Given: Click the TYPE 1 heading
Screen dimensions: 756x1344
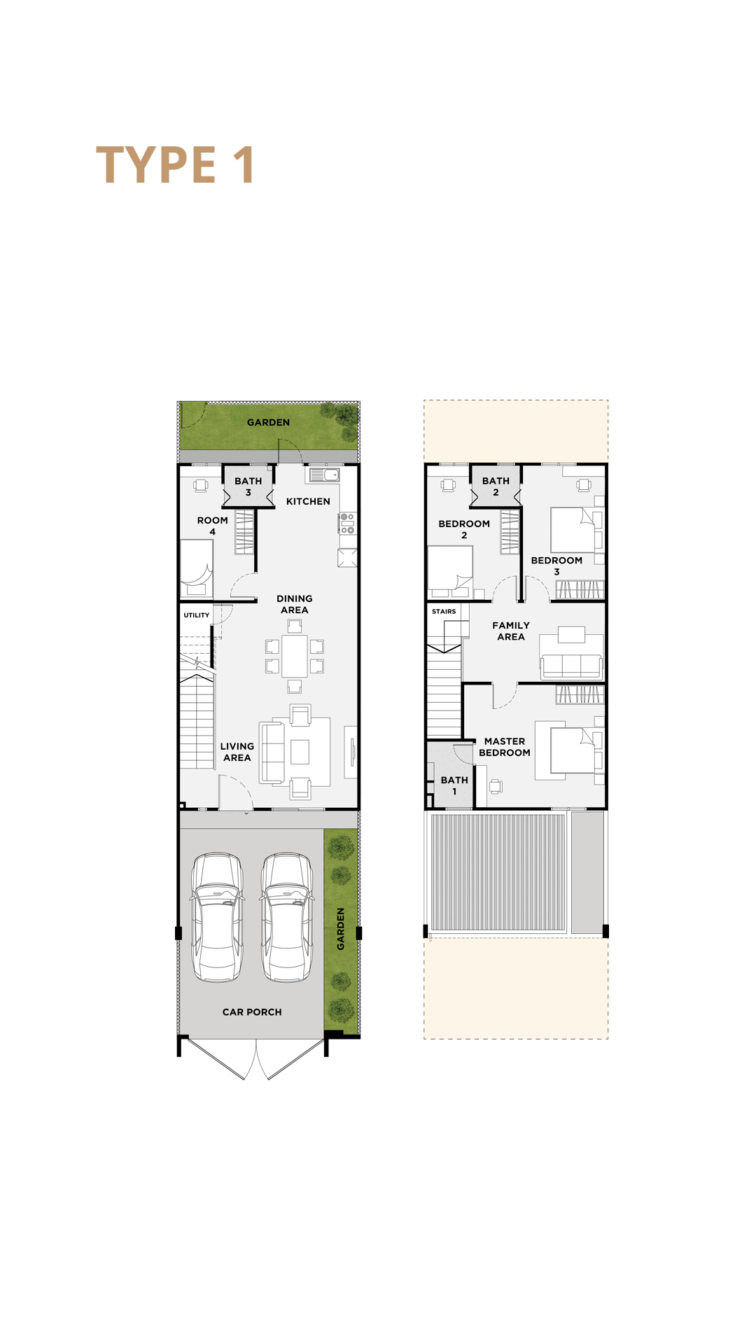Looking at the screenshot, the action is pyautogui.click(x=175, y=165).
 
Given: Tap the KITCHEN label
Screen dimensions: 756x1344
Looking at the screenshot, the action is pyautogui.click(x=308, y=501).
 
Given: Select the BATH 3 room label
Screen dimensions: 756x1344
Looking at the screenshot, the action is pyautogui.click(x=248, y=486).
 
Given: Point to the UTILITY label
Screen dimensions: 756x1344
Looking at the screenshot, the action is pyautogui.click(x=197, y=615).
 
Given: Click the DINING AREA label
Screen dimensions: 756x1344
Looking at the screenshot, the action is pyautogui.click(x=295, y=604).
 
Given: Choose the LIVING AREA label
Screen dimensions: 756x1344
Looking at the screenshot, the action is pyautogui.click(x=237, y=752).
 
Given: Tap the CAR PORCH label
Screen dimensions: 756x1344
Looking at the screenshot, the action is pyautogui.click(x=252, y=1012).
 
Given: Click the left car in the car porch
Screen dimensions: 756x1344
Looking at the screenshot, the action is pyautogui.click(x=218, y=917).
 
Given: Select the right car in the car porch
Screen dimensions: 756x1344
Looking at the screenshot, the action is pyautogui.click(x=287, y=917).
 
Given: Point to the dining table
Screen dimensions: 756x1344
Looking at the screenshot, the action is pyautogui.click(x=295, y=656).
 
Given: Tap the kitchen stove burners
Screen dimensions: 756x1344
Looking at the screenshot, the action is pyautogui.click(x=347, y=524).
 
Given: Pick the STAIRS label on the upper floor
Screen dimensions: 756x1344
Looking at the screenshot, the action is pyautogui.click(x=444, y=612).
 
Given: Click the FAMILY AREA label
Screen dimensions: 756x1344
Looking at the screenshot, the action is pyautogui.click(x=511, y=631).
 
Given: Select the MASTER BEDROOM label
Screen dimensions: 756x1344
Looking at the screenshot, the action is pyautogui.click(x=505, y=747).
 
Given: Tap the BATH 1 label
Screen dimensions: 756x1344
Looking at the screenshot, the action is pyautogui.click(x=454, y=785).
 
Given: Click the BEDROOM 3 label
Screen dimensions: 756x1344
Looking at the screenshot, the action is pyautogui.click(x=556, y=566).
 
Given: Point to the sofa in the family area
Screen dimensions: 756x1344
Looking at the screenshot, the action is pyautogui.click(x=571, y=666).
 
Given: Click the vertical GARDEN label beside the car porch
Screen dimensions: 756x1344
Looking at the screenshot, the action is pyautogui.click(x=341, y=929).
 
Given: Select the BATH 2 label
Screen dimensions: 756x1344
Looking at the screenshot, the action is pyautogui.click(x=496, y=486).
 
